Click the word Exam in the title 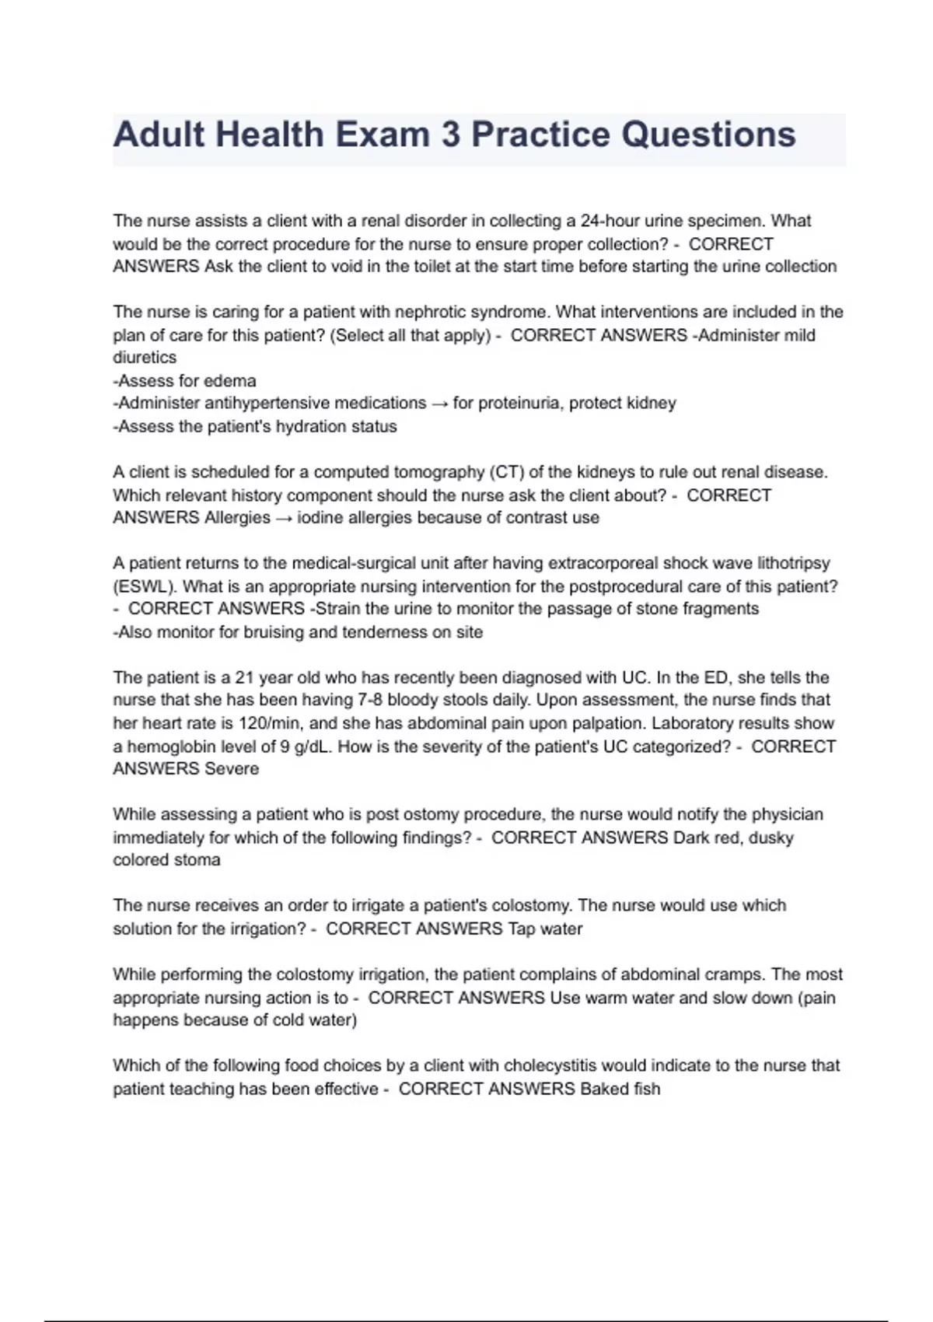pos(382,135)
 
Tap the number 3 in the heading pos(451,135)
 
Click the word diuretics pos(145,358)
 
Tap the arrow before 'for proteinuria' pos(439,404)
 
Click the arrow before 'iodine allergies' pos(284,518)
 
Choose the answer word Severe pos(231,769)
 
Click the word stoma pos(201,860)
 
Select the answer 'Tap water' pos(545,929)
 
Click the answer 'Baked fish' pos(620,1089)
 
